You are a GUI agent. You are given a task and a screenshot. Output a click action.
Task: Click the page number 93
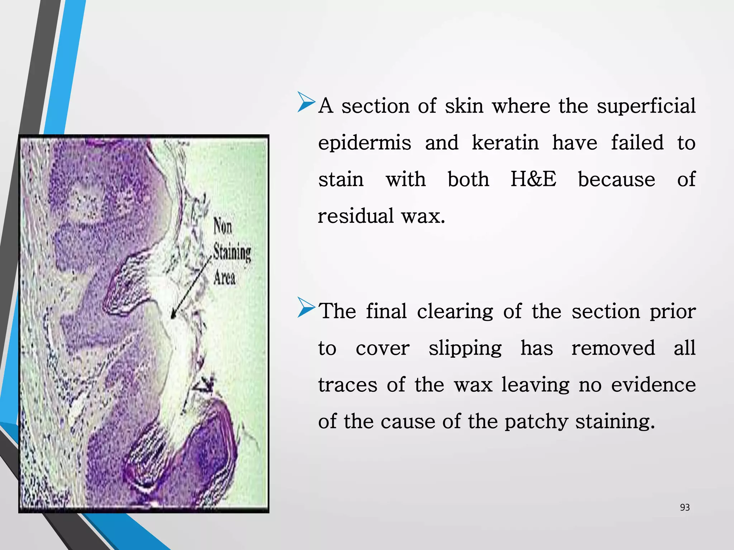(x=685, y=507)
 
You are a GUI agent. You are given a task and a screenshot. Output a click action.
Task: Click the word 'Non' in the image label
(x=223, y=226)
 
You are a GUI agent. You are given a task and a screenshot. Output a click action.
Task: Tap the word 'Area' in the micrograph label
(x=224, y=278)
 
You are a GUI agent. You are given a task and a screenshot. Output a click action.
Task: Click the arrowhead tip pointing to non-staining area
(x=172, y=317)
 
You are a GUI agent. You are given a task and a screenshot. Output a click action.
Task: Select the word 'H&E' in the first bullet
(x=533, y=179)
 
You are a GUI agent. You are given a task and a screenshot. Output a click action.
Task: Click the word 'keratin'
(x=505, y=143)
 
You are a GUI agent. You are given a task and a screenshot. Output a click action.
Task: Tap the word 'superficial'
(x=646, y=106)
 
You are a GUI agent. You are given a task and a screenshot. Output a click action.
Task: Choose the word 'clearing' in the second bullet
(x=455, y=312)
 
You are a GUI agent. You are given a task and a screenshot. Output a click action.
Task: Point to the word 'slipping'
(x=465, y=348)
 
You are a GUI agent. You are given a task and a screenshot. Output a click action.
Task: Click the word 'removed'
(x=613, y=348)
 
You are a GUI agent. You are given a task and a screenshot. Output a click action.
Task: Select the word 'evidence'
(x=653, y=385)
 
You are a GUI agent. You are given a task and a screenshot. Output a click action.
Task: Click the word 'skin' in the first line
(x=464, y=106)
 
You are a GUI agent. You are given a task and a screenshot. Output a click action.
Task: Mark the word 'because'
(x=616, y=179)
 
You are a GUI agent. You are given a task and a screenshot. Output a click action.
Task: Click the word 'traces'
(x=348, y=385)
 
